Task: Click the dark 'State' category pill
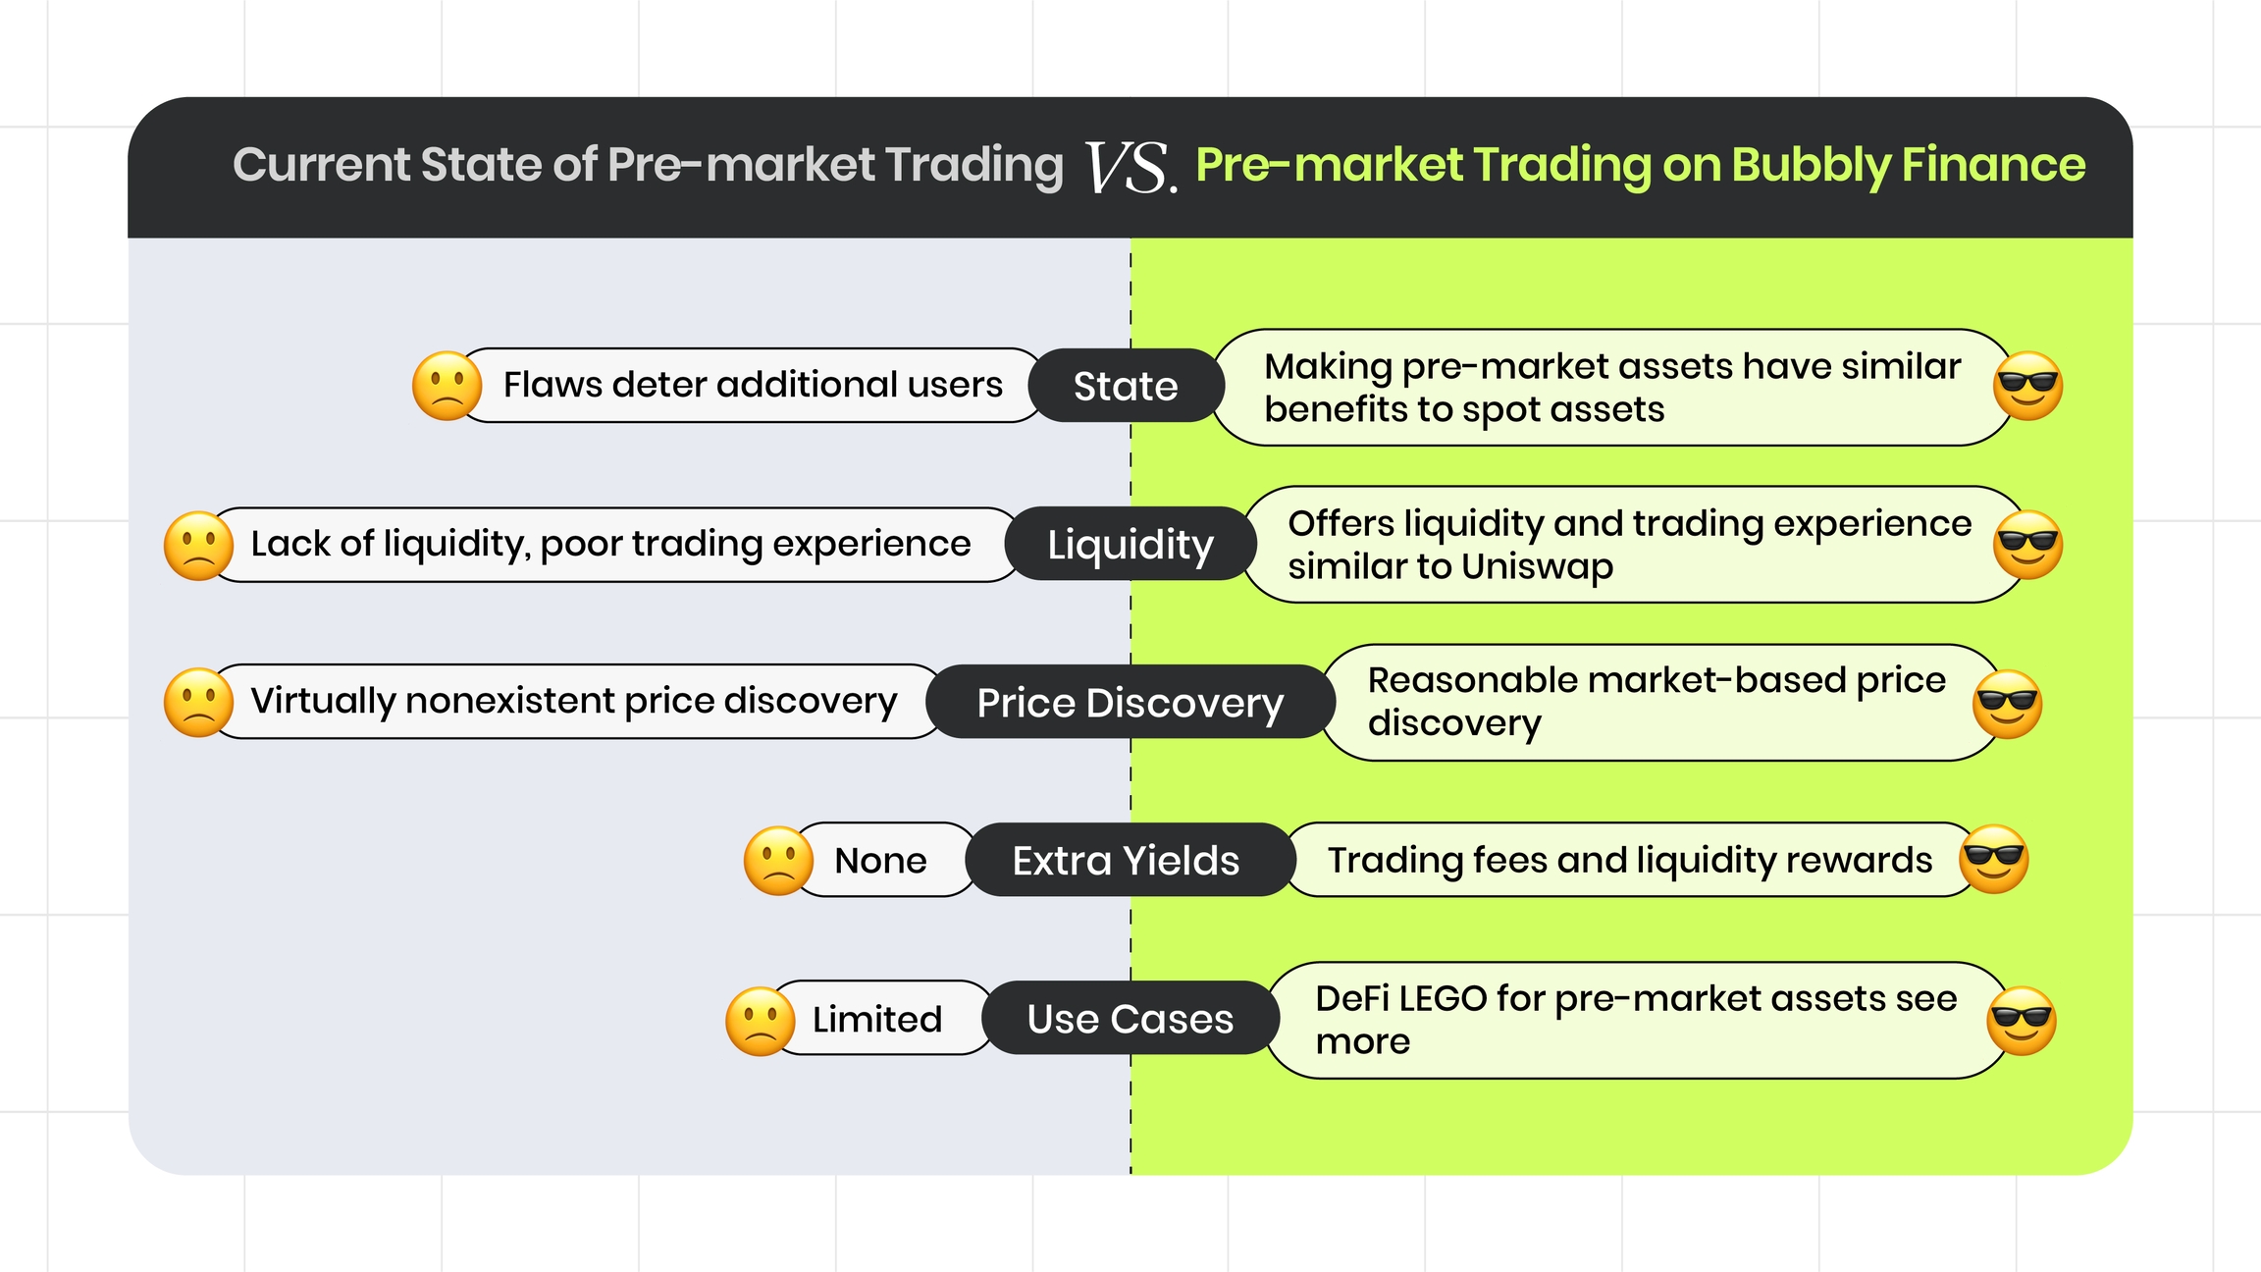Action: pos(1126,386)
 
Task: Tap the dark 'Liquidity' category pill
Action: pos(1130,544)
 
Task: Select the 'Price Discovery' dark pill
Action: pos(1130,702)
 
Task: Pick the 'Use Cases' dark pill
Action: pos(1130,1018)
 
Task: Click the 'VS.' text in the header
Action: pos(1130,168)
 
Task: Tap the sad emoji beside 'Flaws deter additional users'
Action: pos(447,386)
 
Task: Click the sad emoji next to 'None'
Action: pos(779,861)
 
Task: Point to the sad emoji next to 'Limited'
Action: pos(761,1021)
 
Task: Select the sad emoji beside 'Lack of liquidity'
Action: pos(199,546)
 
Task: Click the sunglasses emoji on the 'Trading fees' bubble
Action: pos(1994,859)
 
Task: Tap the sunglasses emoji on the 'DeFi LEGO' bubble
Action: pos(2022,1021)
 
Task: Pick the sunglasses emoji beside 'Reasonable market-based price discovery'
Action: pos(2008,705)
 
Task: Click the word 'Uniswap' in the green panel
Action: pos(1537,567)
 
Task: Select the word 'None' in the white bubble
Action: pos(880,861)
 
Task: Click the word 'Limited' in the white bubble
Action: pos(877,1019)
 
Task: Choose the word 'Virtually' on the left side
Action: pos(323,702)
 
